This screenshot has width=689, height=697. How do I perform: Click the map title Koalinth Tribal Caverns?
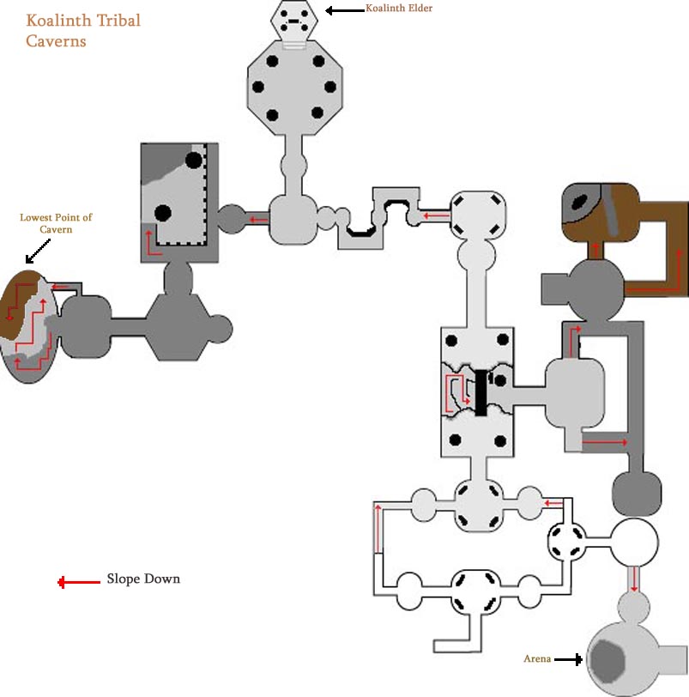[x=83, y=30]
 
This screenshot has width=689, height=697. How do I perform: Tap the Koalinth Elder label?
[x=398, y=9]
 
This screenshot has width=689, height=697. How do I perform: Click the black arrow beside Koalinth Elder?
[x=344, y=10]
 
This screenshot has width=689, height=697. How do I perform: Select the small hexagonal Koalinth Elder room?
[x=295, y=21]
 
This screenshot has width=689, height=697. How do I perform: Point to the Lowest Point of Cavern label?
[x=56, y=223]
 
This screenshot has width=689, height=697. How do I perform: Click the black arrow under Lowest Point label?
[x=37, y=252]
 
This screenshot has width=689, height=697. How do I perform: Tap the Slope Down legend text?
[x=143, y=579]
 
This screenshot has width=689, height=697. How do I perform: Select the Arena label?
[x=537, y=659]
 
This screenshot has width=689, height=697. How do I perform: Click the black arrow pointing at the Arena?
[x=568, y=659]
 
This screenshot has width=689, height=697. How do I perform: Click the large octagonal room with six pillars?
[x=296, y=87]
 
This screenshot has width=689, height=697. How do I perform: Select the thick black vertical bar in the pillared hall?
[x=480, y=392]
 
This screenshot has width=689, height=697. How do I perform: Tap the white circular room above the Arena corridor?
[x=635, y=541]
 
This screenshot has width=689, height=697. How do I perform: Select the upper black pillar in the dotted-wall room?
[x=194, y=160]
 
